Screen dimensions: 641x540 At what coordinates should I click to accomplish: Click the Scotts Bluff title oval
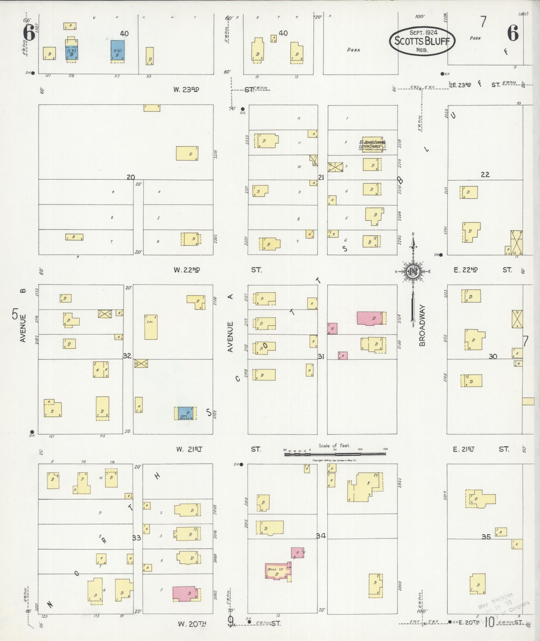point(422,41)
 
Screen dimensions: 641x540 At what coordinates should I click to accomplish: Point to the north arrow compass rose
point(413,272)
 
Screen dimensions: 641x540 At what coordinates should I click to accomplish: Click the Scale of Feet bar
point(335,454)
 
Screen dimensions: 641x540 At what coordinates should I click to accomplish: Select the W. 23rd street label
point(186,89)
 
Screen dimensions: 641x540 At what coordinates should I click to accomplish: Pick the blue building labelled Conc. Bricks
point(185,413)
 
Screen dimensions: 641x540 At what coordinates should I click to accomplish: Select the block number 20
point(131,177)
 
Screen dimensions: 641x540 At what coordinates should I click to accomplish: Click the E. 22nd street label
point(466,270)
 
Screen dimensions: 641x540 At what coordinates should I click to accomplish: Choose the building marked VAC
point(151,327)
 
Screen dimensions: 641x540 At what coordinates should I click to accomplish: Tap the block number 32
point(127,356)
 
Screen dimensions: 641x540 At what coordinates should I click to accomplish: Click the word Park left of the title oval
point(354,50)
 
